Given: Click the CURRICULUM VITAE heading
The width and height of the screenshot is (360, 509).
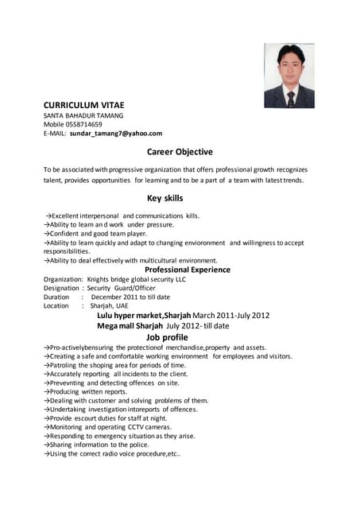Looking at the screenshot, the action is [x=83, y=105].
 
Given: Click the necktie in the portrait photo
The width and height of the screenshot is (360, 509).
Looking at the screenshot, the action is [x=291, y=98].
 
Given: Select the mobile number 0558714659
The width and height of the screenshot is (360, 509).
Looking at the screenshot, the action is [x=83, y=124].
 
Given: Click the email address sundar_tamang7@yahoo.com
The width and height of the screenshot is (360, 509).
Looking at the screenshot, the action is [x=116, y=134].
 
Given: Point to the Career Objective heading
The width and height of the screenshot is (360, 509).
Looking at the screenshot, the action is [x=180, y=151].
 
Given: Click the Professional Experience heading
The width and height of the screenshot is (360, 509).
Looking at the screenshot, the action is [x=188, y=270].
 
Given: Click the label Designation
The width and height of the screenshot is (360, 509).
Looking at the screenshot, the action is [x=61, y=288].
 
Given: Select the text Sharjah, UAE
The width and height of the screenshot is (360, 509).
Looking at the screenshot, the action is [x=109, y=305].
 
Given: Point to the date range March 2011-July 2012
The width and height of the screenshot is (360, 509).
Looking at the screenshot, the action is [x=231, y=315].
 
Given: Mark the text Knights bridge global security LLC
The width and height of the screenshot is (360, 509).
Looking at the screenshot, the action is [x=137, y=279].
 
